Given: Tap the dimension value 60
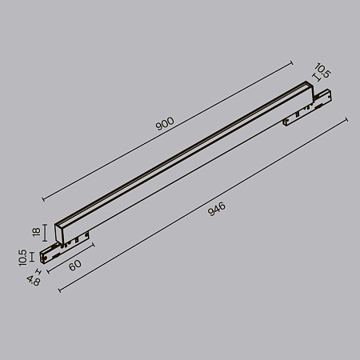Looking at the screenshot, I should [74, 266].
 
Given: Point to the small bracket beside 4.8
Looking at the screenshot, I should [41, 271].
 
